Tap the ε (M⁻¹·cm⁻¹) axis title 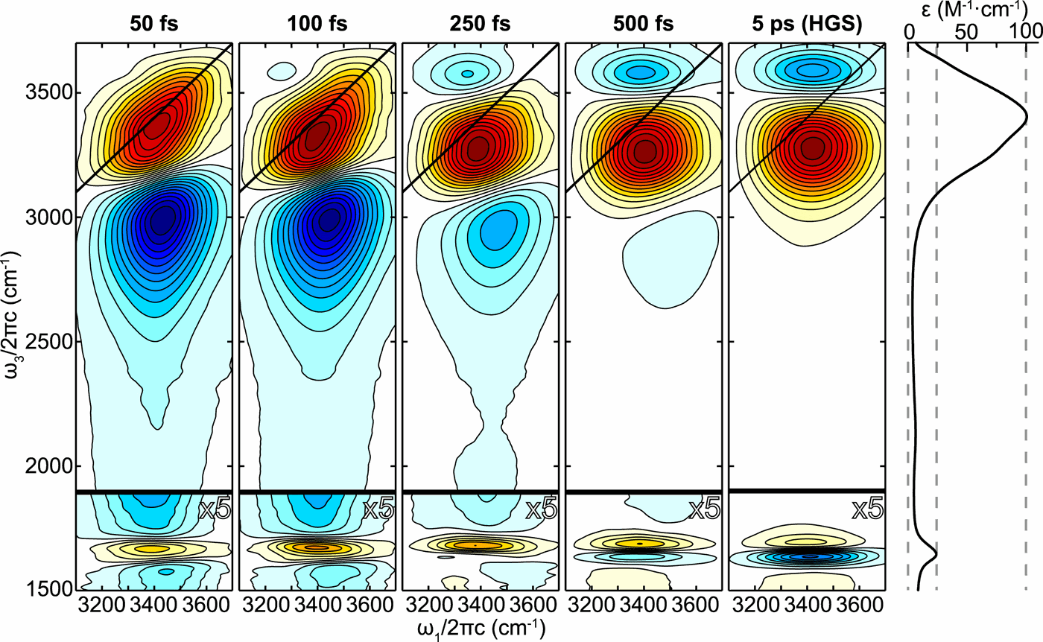coord(968,13)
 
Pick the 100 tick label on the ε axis coord(1026,32)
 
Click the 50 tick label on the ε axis coord(966,32)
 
